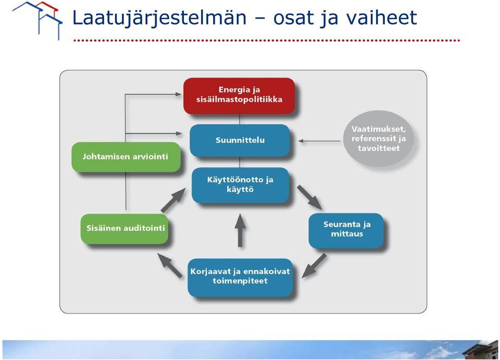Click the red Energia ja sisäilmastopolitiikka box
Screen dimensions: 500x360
click(239, 96)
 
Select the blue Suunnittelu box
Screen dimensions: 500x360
click(240, 140)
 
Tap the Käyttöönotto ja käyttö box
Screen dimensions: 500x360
click(240, 185)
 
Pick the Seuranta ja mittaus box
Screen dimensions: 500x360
click(346, 231)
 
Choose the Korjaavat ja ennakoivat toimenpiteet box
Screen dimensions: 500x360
click(240, 277)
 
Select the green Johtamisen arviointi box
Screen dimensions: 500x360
click(126, 157)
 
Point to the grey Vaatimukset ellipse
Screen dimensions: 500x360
click(379, 139)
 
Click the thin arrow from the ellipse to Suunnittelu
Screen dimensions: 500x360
click(319, 141)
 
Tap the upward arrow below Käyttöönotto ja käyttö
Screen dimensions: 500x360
click(240, 230)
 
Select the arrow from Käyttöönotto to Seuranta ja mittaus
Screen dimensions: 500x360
click(309, 197)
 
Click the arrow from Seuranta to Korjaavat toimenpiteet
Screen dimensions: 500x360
click(314, 265)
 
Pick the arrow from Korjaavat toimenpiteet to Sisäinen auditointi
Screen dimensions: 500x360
click(170, 265)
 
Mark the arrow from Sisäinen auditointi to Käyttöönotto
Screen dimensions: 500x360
click(173, 200)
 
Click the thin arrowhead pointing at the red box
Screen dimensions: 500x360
click(178, 94)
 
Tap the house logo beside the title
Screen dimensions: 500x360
click(37, 20)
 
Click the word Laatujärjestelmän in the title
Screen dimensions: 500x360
click(159, 18)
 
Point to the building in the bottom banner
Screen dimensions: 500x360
click(480, 350)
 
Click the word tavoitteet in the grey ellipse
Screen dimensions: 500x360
click(379, 148)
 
